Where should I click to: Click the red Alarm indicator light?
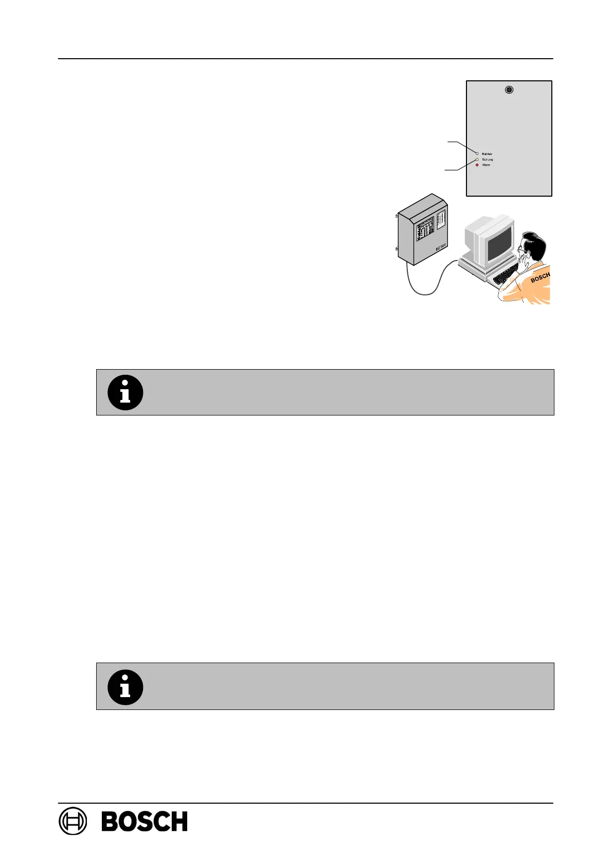tap(477, 165)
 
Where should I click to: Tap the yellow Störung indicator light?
tap(477, 160)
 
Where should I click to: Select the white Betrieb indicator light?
tap(477, 154)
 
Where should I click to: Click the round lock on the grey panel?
tap(509, 90)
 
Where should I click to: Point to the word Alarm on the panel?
tap(486, 165)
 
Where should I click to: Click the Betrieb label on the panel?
tap(487, 154)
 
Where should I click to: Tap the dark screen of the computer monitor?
tap(499, 242)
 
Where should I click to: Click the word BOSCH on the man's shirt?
tap(540, 278)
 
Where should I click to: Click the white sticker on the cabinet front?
tap(441, 219)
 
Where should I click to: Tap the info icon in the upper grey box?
tap(125, 392)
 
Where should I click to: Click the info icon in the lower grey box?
tap(125, 687)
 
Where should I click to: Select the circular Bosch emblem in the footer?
tap(73, 821)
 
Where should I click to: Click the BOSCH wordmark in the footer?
tap(145, 821)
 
